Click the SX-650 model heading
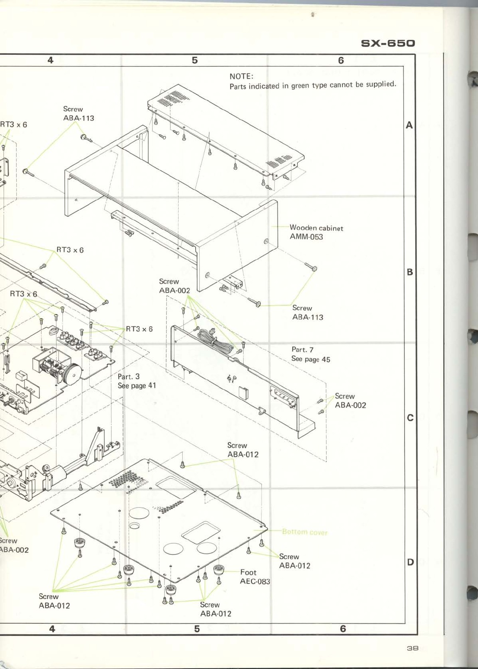click(388, 44)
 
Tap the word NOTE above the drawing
click(241, 76)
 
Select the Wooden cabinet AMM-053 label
click(316, 232)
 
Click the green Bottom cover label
click(304, 532)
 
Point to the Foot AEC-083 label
click(255, 577)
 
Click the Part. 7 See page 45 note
click(311, 354)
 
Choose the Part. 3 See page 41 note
click(137, 381)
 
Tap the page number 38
click(412, 648)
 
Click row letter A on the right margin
click(409, 125)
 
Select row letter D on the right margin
click(410, 562)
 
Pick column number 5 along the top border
click(195, 61)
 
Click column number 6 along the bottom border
click(343, 629)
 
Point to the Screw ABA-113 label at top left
click(78, 113)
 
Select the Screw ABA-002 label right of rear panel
click(350, 400)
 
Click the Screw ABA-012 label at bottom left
click(54, 601)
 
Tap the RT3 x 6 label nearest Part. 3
click(139, 329)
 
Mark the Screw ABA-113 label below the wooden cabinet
click(307, 313)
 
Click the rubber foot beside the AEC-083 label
click(219, 569)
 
